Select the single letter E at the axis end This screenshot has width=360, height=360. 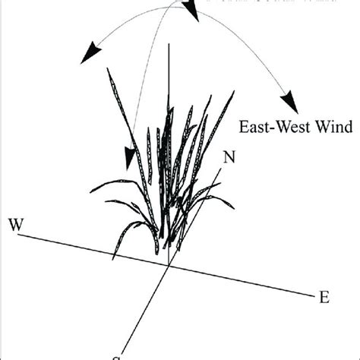tap(324, 297)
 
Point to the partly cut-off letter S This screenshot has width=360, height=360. tap(117, 356)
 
